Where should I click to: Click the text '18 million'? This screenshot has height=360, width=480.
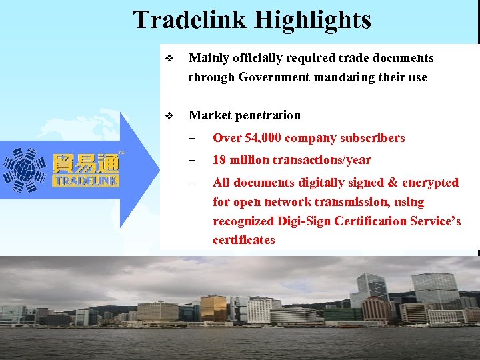241,160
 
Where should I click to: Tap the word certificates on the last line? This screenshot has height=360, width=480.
244,240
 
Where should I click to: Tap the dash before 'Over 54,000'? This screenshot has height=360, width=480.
192,138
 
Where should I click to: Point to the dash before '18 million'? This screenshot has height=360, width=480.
192,160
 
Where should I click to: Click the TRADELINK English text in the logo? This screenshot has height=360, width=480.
86,181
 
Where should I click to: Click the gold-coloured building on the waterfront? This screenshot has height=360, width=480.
213,308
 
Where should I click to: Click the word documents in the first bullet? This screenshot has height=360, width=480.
401,58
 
